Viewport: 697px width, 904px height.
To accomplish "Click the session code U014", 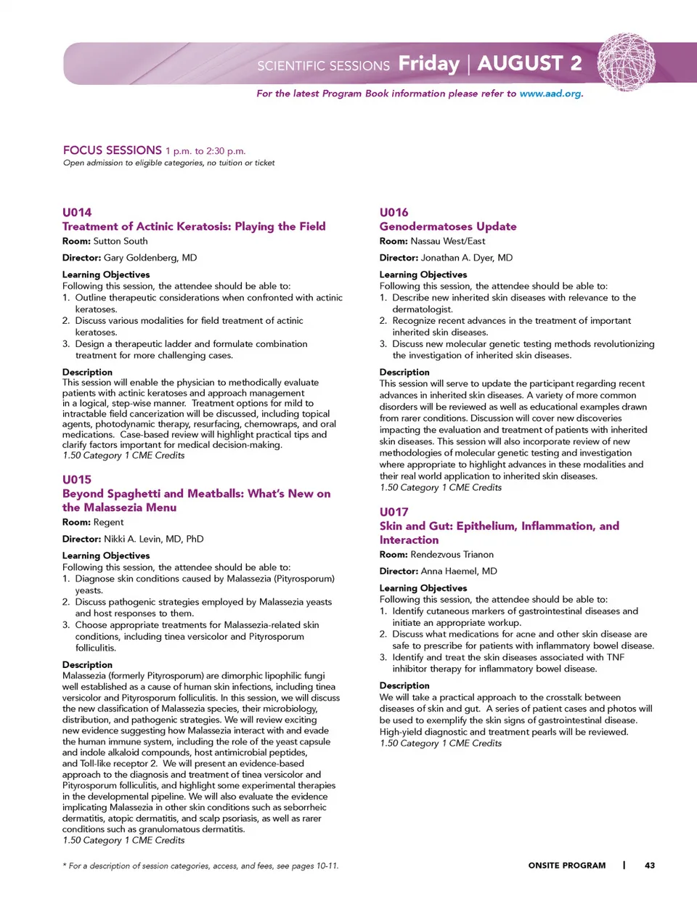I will point(77,212).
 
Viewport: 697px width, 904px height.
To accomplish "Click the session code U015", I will point(77,479).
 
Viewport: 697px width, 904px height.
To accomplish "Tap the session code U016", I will point(394,212).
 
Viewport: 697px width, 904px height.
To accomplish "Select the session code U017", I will point(394,512).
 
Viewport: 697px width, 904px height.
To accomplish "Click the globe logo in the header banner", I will point(626,62).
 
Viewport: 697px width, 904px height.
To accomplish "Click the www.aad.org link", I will point(550,94).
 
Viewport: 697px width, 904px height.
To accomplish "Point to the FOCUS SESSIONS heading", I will point(113,150).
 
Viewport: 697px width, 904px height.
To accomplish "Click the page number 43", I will point(649,866).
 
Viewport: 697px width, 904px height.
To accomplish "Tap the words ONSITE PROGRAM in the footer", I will point(566,866).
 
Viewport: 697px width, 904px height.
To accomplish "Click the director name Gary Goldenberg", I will point(150,258).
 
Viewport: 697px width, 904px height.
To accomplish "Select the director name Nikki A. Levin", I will point(153,539).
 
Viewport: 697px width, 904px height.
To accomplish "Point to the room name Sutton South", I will point(121,241).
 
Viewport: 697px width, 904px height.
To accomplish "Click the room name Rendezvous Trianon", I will point(452,555).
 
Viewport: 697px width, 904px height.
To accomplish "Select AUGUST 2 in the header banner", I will point(529,64).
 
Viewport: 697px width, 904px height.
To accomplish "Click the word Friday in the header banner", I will point(428,64).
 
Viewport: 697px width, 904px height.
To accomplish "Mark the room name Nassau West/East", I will point(448,241).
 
